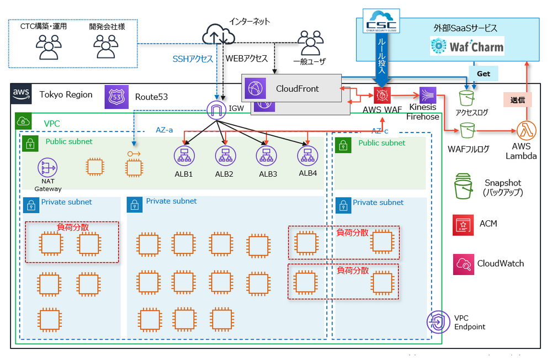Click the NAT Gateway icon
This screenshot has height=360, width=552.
(x=48, y=167)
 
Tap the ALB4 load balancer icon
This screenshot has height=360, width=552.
(x=307, y=156)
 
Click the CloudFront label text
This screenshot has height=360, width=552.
(x=298, y=88)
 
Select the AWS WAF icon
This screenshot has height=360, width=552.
(x=382, y=94)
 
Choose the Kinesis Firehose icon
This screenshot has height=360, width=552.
(x=428, y=95)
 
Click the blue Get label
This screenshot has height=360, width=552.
(x=483, y=73)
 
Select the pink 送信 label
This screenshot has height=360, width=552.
(x=518, y=99)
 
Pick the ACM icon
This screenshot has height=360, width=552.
(x=462, y=224)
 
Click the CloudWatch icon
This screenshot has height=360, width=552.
(x=462, y=264)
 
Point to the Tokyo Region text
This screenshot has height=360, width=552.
(x=66, y=94)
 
